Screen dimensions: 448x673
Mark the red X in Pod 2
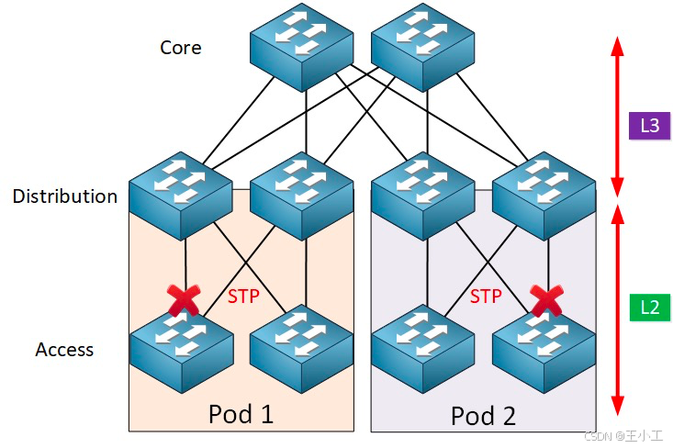click(547, 299)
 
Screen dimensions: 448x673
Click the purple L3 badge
click(649, 126)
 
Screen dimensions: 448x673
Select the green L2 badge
click(649, 308)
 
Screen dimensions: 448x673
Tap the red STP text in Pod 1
click(243, 297)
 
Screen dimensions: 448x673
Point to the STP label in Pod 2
click(486, 297)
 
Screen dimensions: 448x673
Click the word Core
click(181, 48)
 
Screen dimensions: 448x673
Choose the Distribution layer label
click(65, 196)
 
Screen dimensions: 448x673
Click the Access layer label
click(64, 350)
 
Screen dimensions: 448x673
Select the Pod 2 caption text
click(485, 416)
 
